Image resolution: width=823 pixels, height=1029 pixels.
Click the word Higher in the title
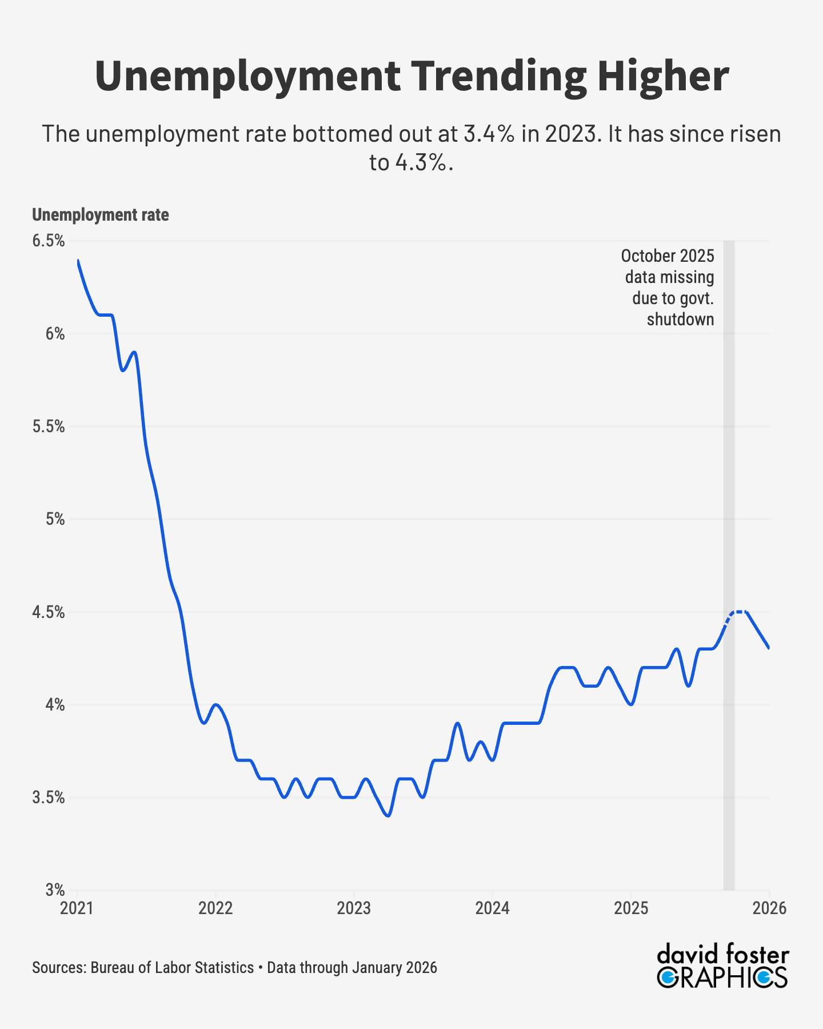tap(663, 76)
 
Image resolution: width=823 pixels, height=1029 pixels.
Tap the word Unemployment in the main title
tap(247, 76)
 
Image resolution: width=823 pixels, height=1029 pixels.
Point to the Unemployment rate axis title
tap(101, 215)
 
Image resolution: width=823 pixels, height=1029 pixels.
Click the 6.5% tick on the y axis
tap(48, 241)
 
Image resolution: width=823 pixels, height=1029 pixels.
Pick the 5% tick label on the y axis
tap(55, 519)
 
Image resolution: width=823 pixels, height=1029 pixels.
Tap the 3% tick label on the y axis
tap(55, 890)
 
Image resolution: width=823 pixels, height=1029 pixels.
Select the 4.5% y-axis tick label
tap(48, 612)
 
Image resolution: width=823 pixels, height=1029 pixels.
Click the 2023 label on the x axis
tap(354, 908)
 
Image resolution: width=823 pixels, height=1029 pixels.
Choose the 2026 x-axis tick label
tap(769, 908)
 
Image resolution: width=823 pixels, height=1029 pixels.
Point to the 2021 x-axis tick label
tap(77, 908)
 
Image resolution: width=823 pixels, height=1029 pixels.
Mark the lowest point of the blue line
tap(389, 816)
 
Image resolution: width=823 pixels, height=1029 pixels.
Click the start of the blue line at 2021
tap(78, 261)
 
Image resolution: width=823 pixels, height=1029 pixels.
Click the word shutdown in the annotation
tap(680, 320)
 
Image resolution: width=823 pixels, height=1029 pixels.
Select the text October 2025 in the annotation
tap(668, 256)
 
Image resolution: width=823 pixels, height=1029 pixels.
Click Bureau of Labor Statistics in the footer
tap(172, 968)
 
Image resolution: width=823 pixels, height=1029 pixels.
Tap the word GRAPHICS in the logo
tap(722, 978)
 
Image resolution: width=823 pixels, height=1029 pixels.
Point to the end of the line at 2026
tap(769, 648)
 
